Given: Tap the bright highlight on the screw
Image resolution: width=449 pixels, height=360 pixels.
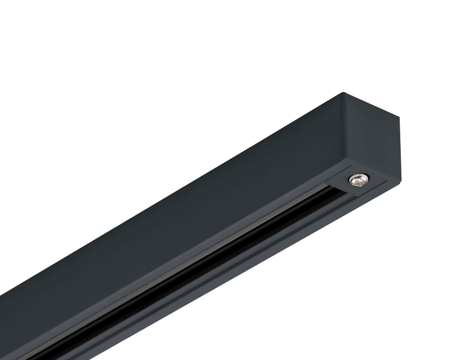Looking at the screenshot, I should (356, 177).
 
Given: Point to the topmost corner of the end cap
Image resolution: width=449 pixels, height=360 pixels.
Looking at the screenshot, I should (344, 93).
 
